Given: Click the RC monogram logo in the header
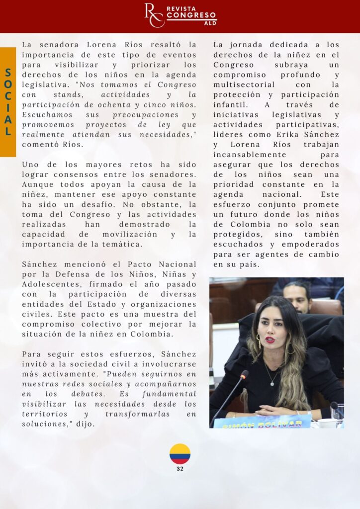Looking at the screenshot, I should pos(154,15).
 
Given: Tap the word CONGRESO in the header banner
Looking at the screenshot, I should pos(191,16).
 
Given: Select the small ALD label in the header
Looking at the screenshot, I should pos(210,23).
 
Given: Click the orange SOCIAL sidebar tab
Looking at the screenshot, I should pos(8,102).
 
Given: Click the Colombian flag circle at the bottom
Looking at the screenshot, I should pos(180,454).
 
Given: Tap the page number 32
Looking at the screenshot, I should pos(180,469).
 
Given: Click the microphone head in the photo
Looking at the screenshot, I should pos(245,373).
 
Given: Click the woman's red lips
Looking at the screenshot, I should pos(270,340).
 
